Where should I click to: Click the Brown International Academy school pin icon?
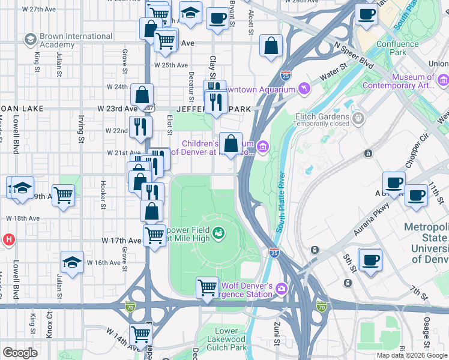point(29,40)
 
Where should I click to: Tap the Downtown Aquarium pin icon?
point(304,89)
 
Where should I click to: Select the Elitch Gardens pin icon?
point(359,116)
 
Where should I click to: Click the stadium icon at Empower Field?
point(219,231)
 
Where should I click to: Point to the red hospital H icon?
point(8,240)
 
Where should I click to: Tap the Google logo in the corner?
point(20,353)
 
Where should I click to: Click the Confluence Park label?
point(397,49)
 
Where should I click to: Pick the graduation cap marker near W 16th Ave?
point(72,262)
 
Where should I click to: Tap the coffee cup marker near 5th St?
point(370,260)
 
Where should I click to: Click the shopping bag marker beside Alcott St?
point(271,46)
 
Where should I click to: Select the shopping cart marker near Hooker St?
point(63,194)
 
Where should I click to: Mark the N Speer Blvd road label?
point(354,55)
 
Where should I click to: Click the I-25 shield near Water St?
point(286,75)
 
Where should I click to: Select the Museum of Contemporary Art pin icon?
point(444,80)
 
